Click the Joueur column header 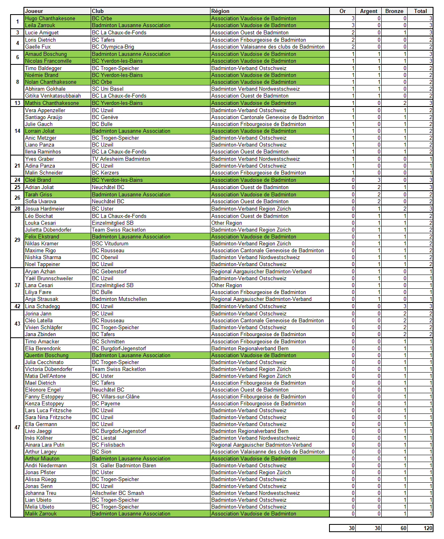34,11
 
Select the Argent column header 368,11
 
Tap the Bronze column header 394,11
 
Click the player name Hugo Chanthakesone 50,19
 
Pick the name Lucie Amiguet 42,33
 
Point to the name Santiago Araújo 44,117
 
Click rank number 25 17,187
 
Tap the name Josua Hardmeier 45,209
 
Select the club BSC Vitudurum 110,244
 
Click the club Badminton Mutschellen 119,299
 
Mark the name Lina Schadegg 42,307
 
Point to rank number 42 17,307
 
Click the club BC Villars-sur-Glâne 115,397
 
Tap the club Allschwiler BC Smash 118,493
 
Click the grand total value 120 428,528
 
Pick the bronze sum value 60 403,528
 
